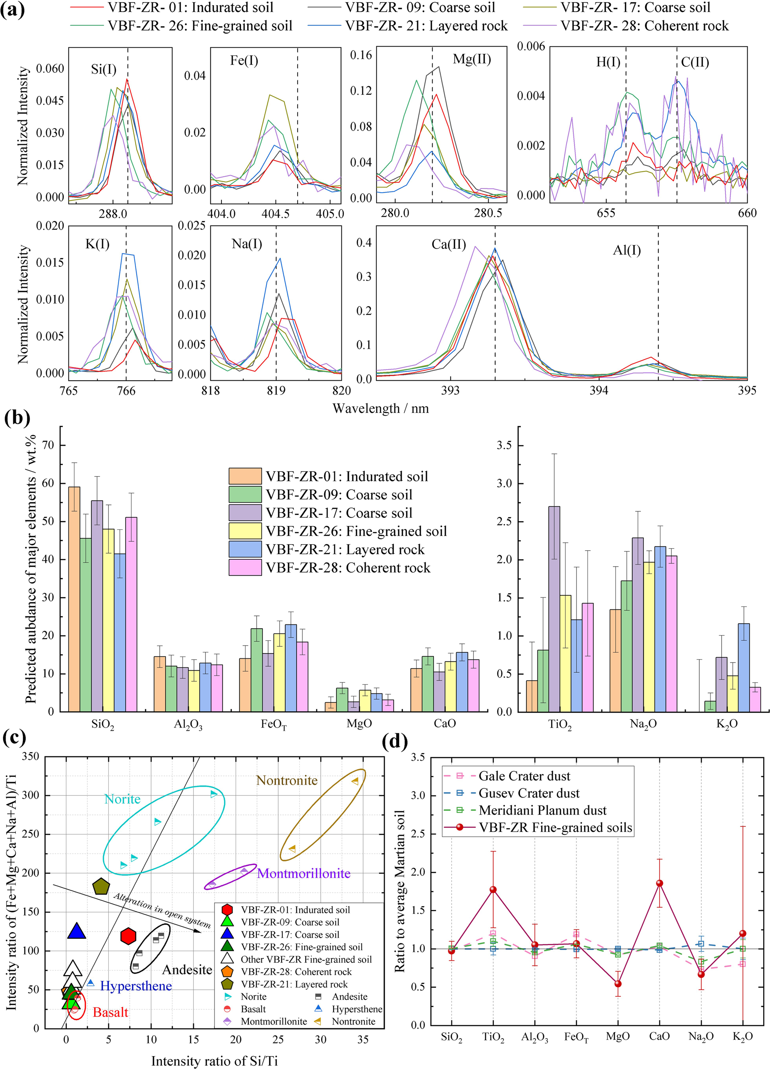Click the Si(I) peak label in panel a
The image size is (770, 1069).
click(103, 70)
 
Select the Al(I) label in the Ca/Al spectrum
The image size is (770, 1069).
click(626, 250)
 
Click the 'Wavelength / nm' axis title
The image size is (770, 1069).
click(380, 408)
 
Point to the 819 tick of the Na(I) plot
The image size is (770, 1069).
click(276, 390)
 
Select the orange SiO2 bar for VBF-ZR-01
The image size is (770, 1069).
click(74, 599)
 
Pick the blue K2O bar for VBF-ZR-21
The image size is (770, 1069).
click(743, 667)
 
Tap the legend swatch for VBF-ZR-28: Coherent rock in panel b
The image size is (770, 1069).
click(245, 567)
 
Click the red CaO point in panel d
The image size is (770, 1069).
click(659, 883)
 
